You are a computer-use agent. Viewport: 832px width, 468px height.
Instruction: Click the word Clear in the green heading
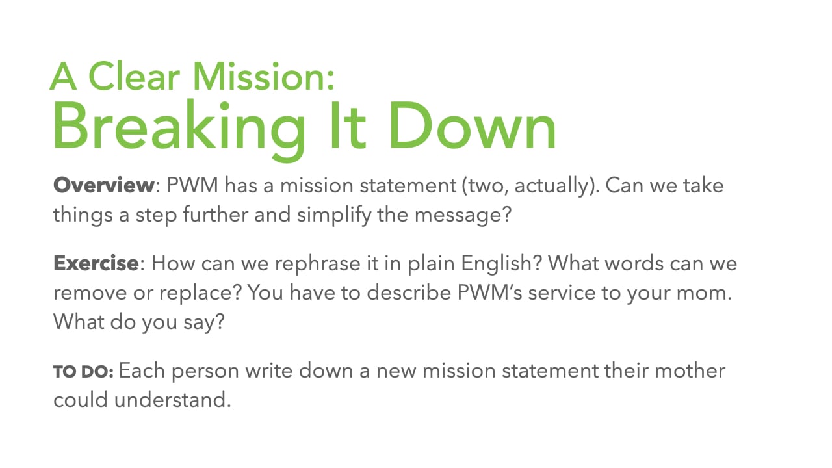[134, 76]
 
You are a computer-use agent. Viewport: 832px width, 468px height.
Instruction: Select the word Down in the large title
[472, 125]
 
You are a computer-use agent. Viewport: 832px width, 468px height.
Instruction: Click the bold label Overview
[103, 185]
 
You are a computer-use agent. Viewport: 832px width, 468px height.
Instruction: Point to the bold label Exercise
[96, 263]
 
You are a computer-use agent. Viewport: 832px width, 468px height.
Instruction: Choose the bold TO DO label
[83, 372]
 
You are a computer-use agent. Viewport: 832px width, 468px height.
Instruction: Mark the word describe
[409, 292]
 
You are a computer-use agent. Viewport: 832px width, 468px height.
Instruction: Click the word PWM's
[489, 292]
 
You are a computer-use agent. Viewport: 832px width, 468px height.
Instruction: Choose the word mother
[690, 370]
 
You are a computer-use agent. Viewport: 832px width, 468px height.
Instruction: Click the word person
[205, 372]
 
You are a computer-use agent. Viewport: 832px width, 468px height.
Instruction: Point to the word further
[215, 214]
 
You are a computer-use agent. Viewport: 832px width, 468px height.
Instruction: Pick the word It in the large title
[348, 125]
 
